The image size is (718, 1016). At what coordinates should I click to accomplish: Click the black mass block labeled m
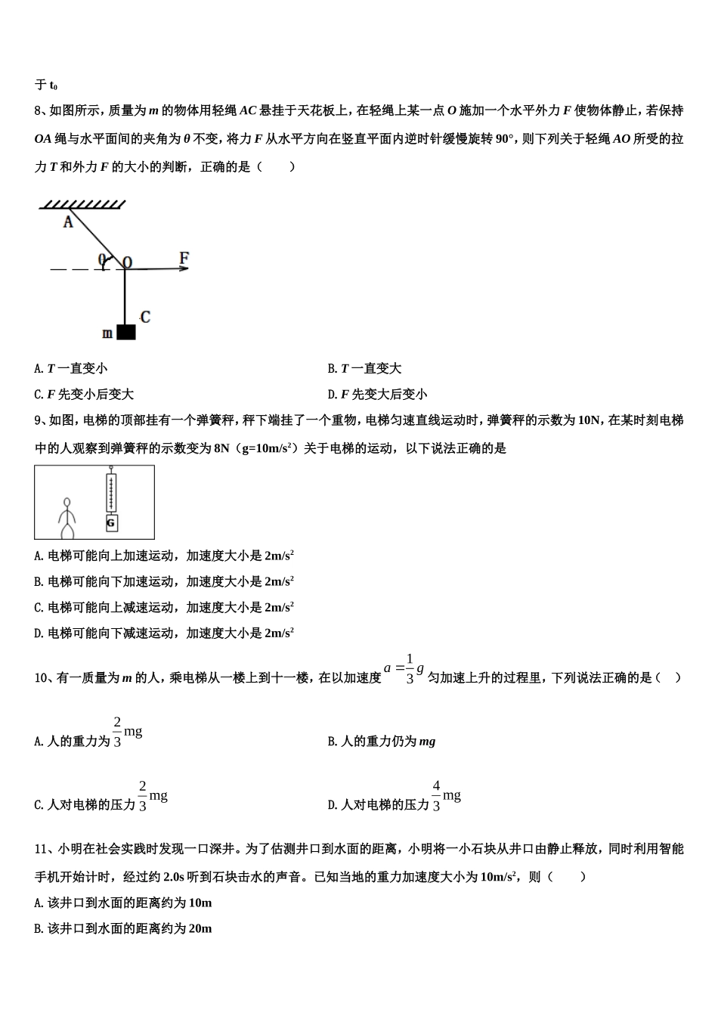[x=126, y=332]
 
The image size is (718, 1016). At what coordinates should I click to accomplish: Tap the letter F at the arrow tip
[x=184, y=258]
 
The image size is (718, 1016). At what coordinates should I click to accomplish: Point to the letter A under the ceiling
[x=68, y=221]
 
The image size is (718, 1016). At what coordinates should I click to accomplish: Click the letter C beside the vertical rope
[x=145, y=317]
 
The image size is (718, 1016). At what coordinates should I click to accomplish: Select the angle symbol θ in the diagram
[x=101, y=259]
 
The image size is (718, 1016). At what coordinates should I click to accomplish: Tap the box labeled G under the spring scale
[x=111, y=522]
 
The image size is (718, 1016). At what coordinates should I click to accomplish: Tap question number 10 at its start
[x=41, y=678]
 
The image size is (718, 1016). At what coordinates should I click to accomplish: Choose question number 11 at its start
[x=41, y=849]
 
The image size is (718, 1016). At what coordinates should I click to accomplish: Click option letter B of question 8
[x=332, y=369]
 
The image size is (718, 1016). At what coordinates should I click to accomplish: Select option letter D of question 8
[x=332, y=395]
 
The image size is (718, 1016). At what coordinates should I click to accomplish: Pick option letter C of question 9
[x=39, y=608]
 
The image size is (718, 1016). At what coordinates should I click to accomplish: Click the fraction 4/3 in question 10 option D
[x=436, y=796]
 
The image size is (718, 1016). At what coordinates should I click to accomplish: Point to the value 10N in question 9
[x=588, y=420]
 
